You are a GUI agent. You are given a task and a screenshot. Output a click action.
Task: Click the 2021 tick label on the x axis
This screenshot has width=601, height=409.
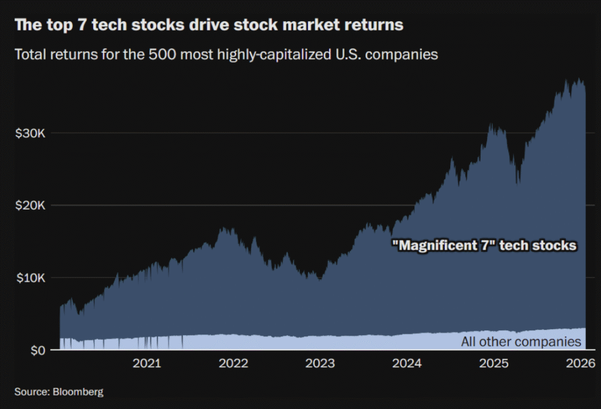(x=147, y=363)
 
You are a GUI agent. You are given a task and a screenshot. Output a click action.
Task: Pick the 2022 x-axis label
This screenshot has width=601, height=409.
(x=234, y=363)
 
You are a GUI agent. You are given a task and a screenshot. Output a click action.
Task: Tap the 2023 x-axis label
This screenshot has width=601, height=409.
(x=320, y=363)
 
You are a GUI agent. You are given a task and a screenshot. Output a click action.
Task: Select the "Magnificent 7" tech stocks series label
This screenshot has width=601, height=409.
(x=484, y=245)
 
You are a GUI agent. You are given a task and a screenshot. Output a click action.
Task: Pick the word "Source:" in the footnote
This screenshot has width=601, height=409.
(x=31, y=391)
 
